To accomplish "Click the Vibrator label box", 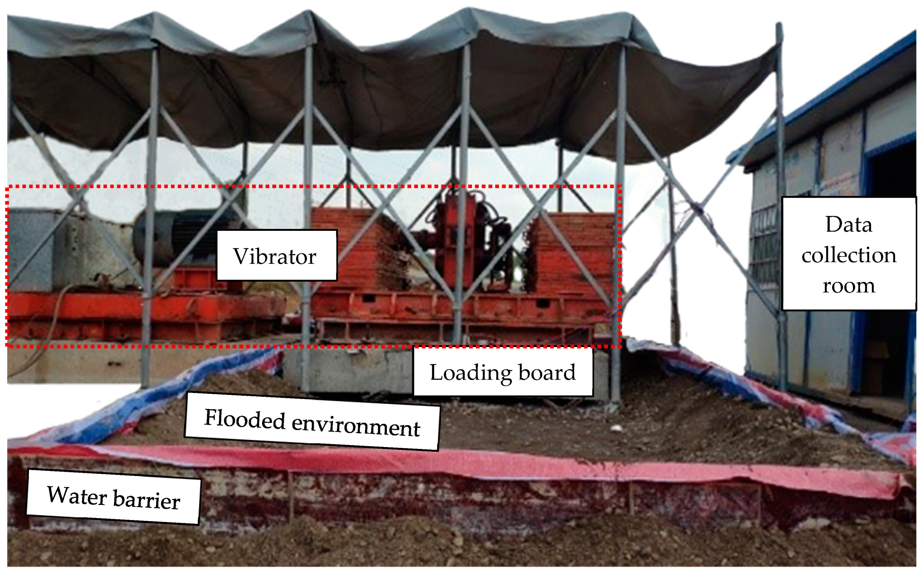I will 276,255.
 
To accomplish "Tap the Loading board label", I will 503,372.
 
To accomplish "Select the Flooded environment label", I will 312,422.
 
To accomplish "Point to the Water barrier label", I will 113,497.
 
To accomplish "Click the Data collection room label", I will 848,254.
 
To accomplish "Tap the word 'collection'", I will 848,255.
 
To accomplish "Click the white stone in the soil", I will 616,427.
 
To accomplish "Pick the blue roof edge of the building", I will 830,97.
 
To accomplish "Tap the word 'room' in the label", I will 848,286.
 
